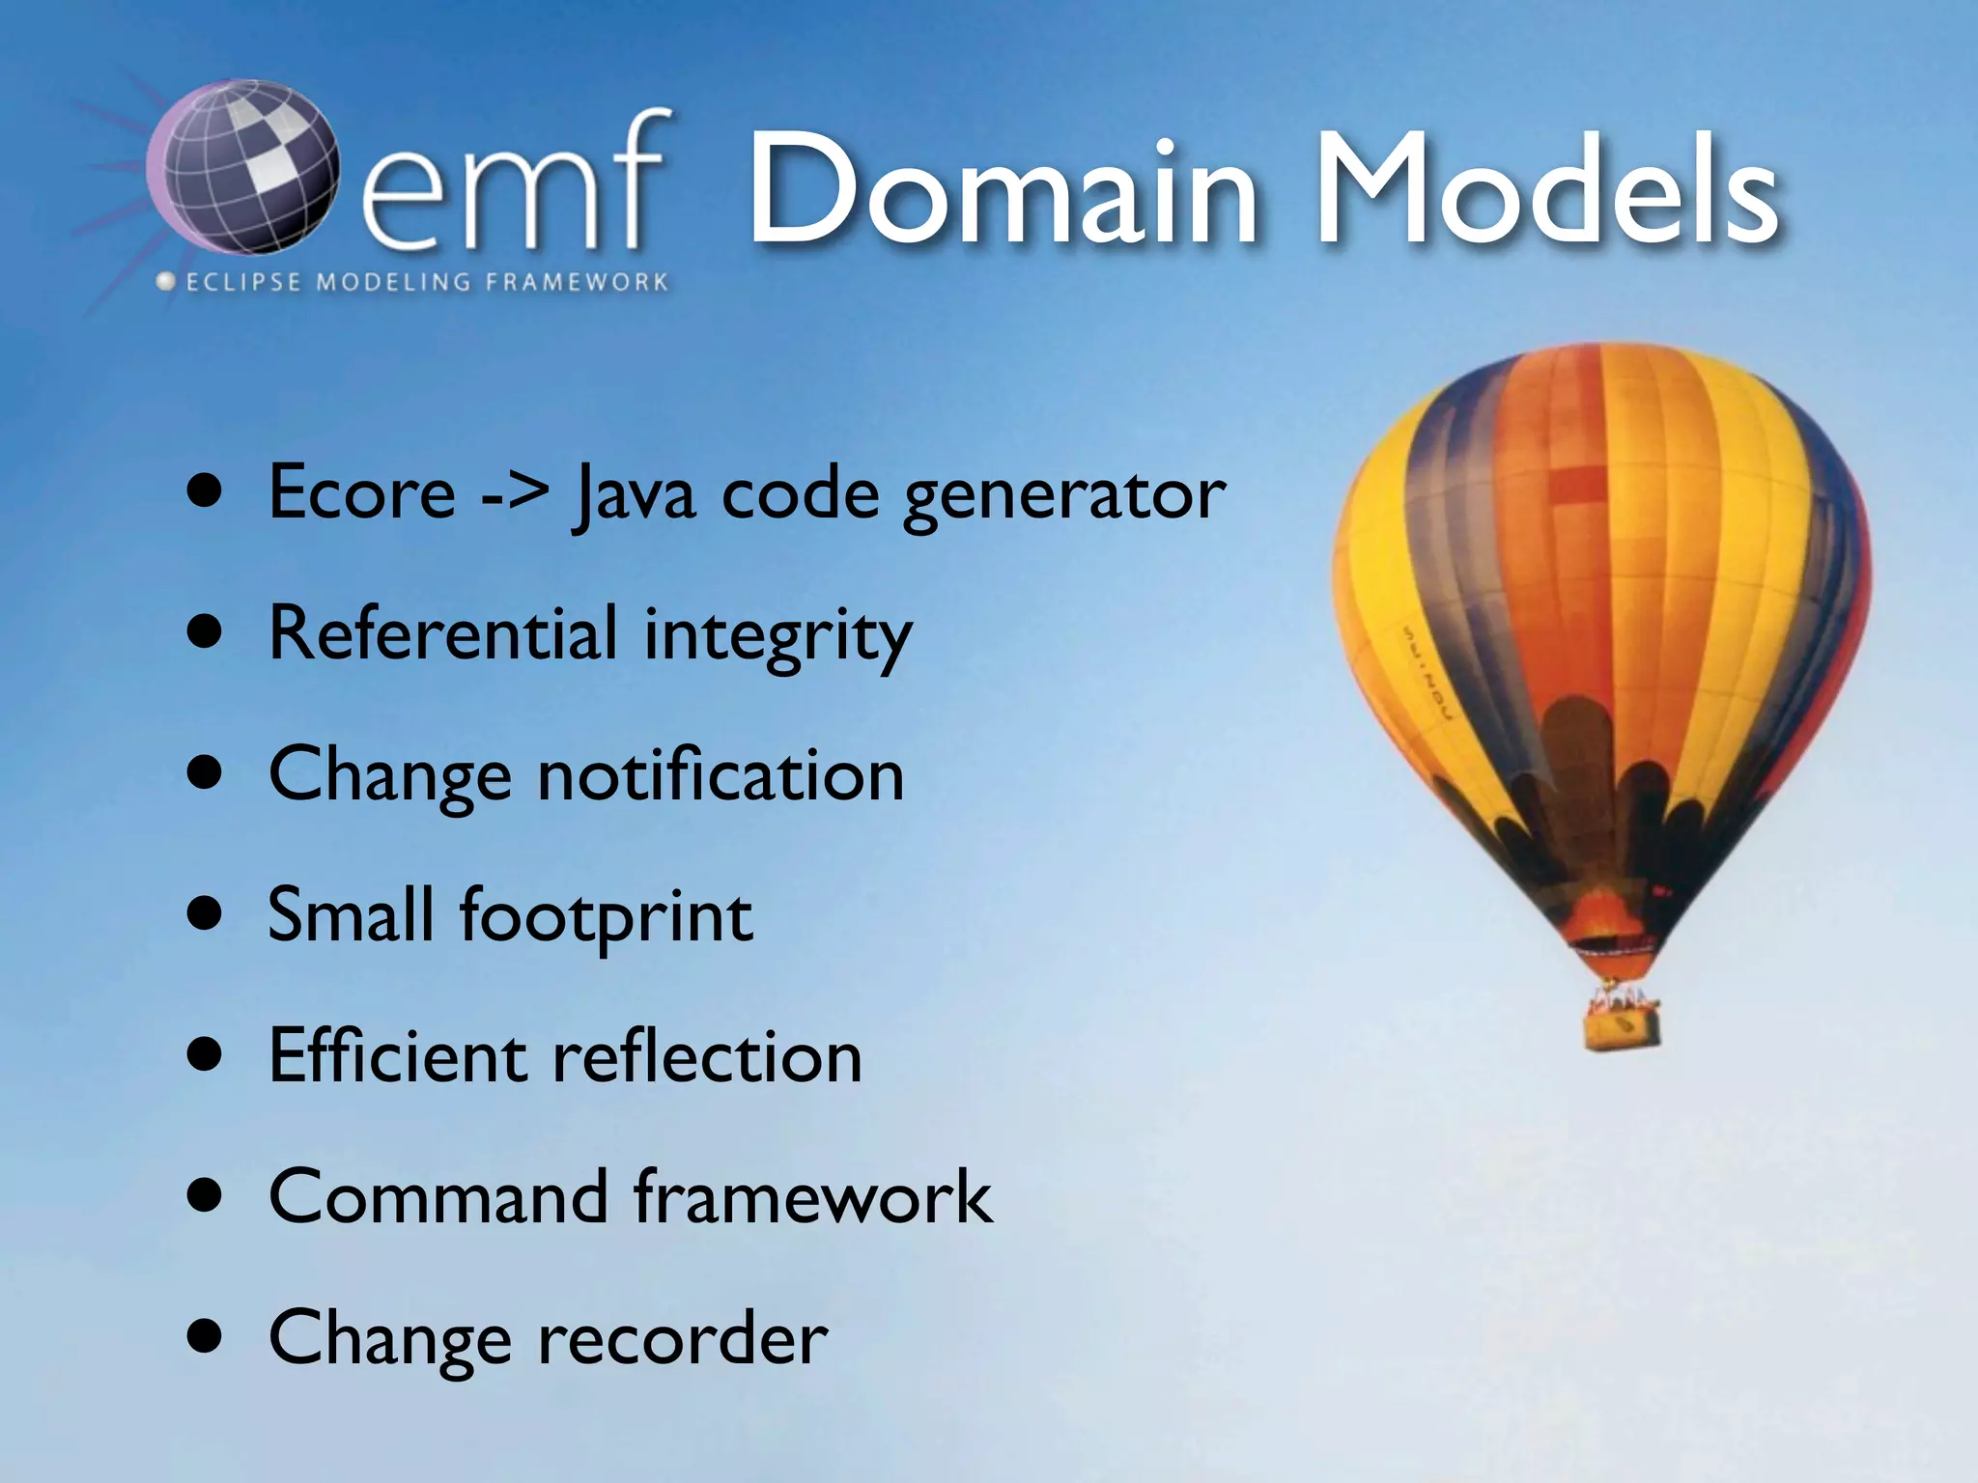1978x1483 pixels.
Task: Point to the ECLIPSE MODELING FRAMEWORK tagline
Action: [415, 282]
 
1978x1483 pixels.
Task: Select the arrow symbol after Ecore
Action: [515, 494]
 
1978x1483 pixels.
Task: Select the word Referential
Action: [442, 634]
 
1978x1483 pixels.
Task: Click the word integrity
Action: [777, 637]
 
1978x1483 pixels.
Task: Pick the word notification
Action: [721, 775]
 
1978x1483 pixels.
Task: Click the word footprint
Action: [606, 916]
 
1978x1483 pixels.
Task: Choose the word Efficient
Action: [397, 1055]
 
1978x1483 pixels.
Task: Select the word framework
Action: [813, 1197]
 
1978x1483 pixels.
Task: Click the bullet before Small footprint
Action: [206, 912]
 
